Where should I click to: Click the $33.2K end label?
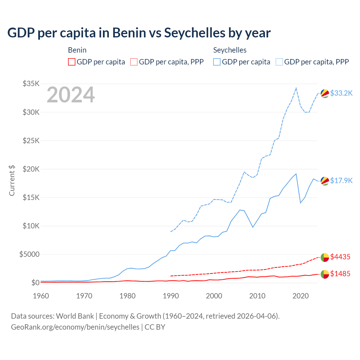(341, 93)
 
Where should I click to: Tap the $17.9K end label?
(341, 181)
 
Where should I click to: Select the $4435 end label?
(340, 257)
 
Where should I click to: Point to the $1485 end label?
(340, 274)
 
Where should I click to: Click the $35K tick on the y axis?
(31, 84)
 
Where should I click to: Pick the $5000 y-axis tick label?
(29, 254)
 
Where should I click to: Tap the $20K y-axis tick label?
(31, 169)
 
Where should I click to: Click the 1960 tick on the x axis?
(41, 296)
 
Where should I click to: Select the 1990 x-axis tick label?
(171, 296)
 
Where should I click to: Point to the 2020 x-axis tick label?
(301, 296)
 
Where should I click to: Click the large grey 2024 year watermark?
(71, 95)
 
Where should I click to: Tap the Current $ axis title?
(12, 180)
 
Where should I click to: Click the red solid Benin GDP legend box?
(72, 62)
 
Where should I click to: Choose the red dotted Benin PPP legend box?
(134, 62)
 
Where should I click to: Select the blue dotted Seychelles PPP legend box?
(279, 62)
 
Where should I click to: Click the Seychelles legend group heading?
(230, 50)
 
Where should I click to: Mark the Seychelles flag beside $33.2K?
(325, 93)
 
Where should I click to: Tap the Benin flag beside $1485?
(325, 274)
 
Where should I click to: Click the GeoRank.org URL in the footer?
(75, 327)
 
